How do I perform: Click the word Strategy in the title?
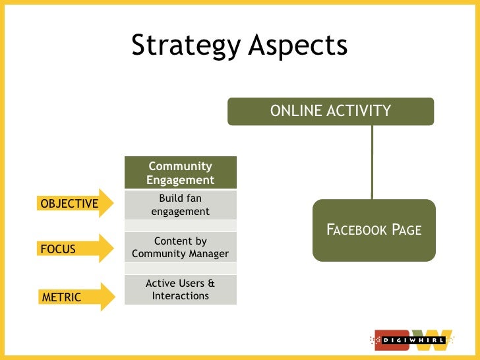coord(185,46)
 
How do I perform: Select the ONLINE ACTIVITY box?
coord(330,111)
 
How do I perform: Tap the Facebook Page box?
coord(374,229)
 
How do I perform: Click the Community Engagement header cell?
coord(180,173)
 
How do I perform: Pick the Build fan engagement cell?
coord(180,204)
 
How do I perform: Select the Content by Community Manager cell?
coord(180,247)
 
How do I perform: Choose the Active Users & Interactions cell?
coord(180,289)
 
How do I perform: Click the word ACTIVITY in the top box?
coord(359,111)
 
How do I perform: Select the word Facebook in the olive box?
coord(357,230)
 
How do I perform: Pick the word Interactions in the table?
coord(180,296)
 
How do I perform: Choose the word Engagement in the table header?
coord(180,180)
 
